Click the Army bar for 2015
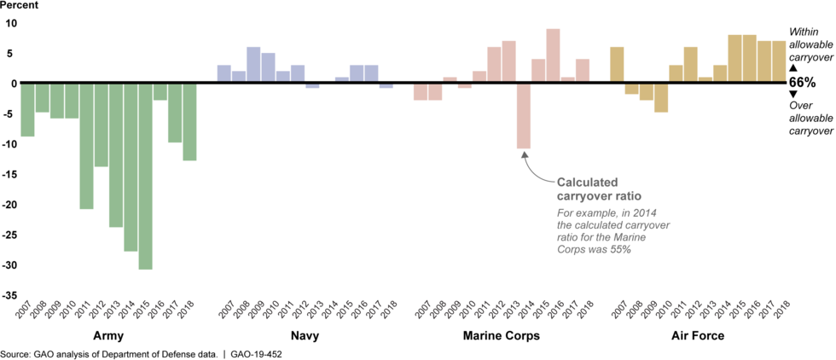point(145,176)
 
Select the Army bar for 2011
point(86,146)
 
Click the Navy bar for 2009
point(253,65)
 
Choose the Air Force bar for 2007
point(617,65)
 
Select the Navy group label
point(305,336)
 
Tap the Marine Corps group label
point(502,336)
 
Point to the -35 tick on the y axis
point(9,295)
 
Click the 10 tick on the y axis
point(11,23)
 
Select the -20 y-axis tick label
point(9,205)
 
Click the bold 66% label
point(803,83)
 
